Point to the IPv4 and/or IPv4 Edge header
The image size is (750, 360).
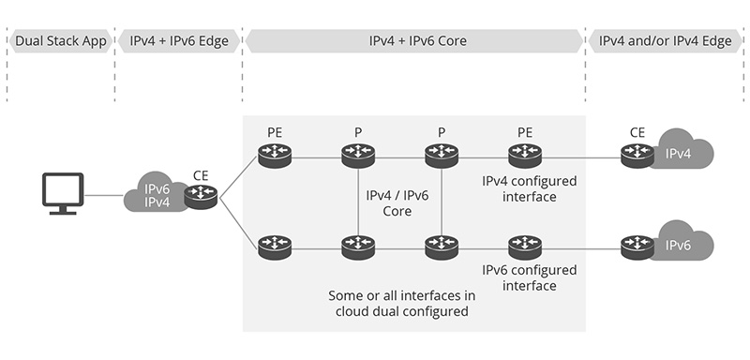point(665,41)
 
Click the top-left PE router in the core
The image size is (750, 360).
point(275,156)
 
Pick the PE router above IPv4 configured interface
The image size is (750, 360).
point(524,156)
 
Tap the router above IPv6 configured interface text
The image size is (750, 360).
point(524,247)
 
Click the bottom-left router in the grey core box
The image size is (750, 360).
point(275,247)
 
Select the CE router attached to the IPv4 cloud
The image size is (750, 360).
point(637,156)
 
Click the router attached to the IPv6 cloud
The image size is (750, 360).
point(637,247)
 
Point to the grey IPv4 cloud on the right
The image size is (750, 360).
point(681,153)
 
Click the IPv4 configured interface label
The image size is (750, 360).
point(530,188)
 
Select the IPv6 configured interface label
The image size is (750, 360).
point(530,277)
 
